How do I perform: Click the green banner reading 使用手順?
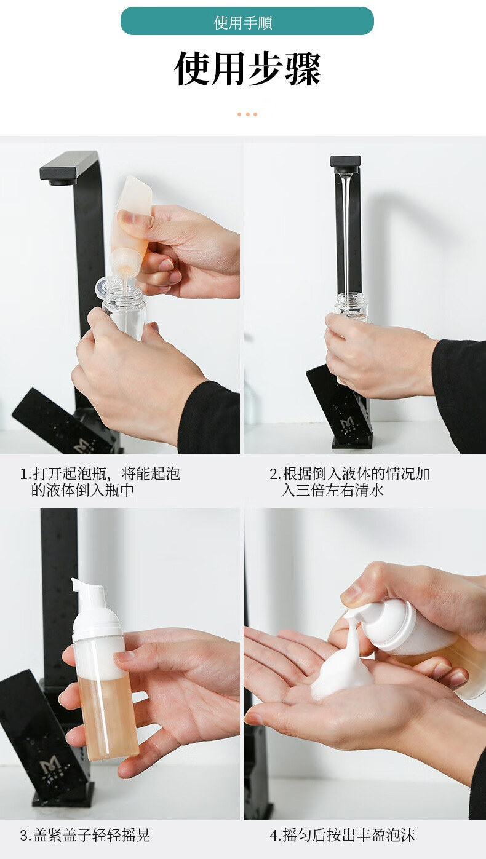coord(247,21)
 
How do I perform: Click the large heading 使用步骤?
coord(247,69)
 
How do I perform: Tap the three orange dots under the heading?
coord(247,114)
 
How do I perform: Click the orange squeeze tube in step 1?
coord(130,226)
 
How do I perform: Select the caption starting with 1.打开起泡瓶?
coord(100,481)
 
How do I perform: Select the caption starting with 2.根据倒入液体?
coord(349,481)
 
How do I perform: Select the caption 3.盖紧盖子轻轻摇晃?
coord(85,835)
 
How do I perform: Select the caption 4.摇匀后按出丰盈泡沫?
coord(342,835)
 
